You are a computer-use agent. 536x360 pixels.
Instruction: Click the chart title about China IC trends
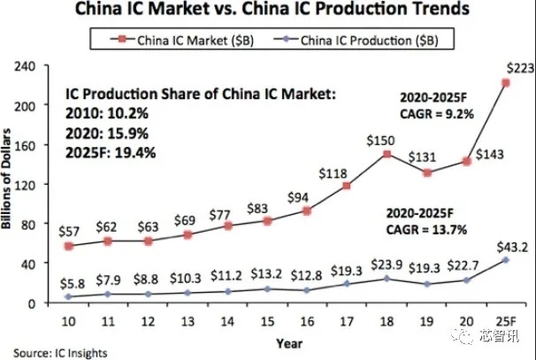(267, 11)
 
